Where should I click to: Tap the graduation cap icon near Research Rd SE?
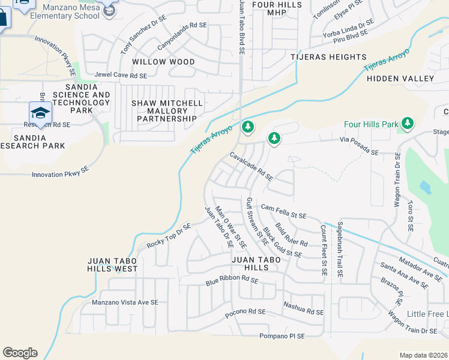(40, 112)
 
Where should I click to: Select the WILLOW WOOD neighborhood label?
(163, 62)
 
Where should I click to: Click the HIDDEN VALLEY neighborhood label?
(400, 79)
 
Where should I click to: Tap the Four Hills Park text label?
(372, 124)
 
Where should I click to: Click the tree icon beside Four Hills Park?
(408, 124)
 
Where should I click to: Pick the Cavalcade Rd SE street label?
(252, 166)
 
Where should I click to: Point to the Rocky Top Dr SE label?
(169, 236)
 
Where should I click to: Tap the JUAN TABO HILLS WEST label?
(113, 265)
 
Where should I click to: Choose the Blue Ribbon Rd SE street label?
(232, 280)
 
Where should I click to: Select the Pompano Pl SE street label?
(282, 336)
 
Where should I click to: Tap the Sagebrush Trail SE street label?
(339, 250)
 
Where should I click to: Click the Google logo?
(20, 353)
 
